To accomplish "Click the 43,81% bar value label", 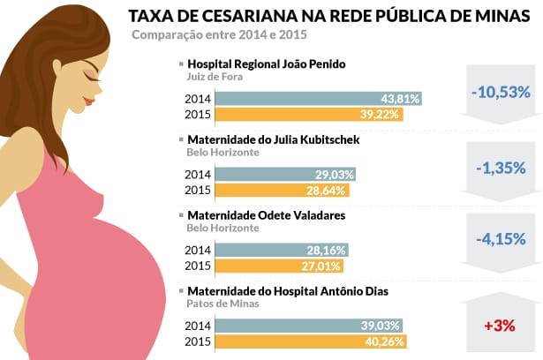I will pos(399,99).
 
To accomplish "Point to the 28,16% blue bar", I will pos(282,251).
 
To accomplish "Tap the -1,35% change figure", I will pos(500,168).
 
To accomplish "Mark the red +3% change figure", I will pos(500,326).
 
